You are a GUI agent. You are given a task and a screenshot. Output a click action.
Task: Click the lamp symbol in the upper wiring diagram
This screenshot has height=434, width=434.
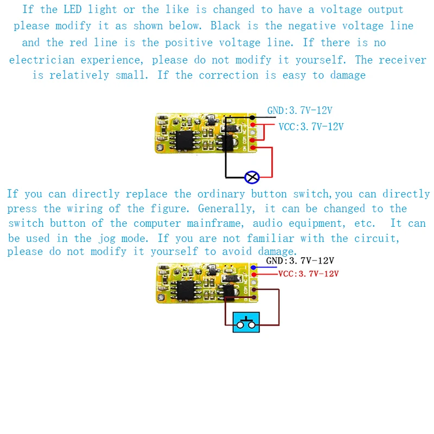click(x=252, y=177)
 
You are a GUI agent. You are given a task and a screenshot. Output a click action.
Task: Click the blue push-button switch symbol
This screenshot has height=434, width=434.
click(x=246, y=322)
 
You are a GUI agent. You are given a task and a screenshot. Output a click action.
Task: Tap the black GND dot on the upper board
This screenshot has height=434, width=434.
click(x=252, y=117)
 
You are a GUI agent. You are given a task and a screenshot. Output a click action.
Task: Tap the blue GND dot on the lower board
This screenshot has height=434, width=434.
click(x=252, y=267)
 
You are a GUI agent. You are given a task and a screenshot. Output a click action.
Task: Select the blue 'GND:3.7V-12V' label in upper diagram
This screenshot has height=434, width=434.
click(x=299, y=111)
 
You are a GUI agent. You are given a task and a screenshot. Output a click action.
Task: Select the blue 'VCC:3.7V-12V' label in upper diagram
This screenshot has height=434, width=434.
click(x=311, y=127)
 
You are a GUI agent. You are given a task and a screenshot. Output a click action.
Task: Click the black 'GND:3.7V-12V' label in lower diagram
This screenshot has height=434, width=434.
click(x=299, y=261)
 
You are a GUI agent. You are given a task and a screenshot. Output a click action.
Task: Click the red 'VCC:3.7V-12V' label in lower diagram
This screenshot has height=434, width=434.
click(x=308, y=274)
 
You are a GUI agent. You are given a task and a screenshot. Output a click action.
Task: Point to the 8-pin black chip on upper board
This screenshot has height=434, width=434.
click(x=184, y=138)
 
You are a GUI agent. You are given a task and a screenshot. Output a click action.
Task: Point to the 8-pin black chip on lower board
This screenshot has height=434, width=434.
click(x=184, y=289)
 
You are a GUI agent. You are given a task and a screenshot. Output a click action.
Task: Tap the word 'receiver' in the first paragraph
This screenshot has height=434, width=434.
click(x=403, y=60)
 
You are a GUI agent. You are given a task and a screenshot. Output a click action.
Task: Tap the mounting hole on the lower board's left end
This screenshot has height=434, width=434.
click(x=161, y=297)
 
